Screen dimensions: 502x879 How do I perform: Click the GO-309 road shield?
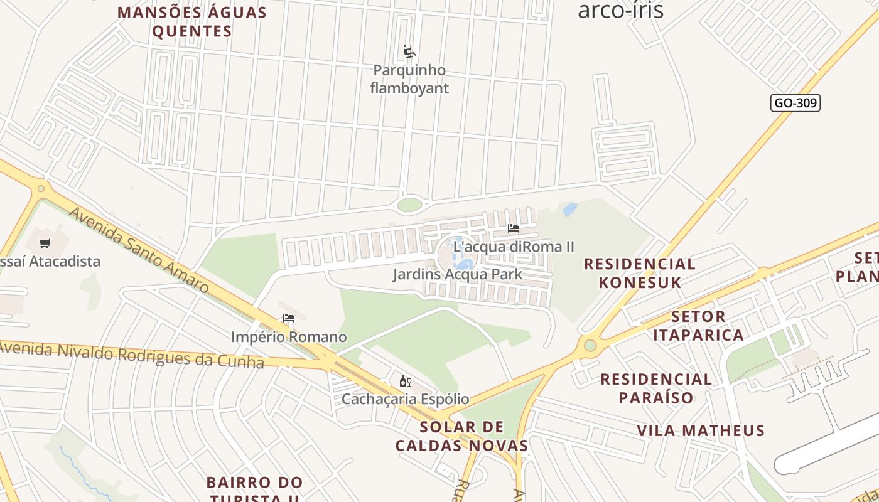point(795,103)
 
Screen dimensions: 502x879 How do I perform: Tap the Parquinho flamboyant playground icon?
point(409,51)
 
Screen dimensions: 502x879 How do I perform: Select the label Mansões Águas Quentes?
point(192,21)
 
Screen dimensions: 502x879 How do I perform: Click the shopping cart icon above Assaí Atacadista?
point(45,243)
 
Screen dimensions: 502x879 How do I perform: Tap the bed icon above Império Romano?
point(289,318)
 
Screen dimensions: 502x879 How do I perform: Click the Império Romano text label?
point(289,337)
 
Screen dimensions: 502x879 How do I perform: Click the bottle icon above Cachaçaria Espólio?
point(405,381)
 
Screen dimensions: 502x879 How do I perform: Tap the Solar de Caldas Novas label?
point(461,436)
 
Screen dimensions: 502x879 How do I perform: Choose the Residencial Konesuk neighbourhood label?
point(640,273)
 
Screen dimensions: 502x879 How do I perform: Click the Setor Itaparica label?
point(698,326)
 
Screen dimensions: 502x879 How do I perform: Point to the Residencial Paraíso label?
point(656,388)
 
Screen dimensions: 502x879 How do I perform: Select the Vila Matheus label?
point(701,430)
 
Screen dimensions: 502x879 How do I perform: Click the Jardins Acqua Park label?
point(458,274)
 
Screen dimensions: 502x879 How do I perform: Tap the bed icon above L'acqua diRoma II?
point(514,228)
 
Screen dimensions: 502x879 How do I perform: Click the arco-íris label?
point(620,10)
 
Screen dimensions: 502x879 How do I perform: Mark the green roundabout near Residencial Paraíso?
point(590,345)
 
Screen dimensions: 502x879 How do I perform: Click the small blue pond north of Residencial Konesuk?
point(569,210)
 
